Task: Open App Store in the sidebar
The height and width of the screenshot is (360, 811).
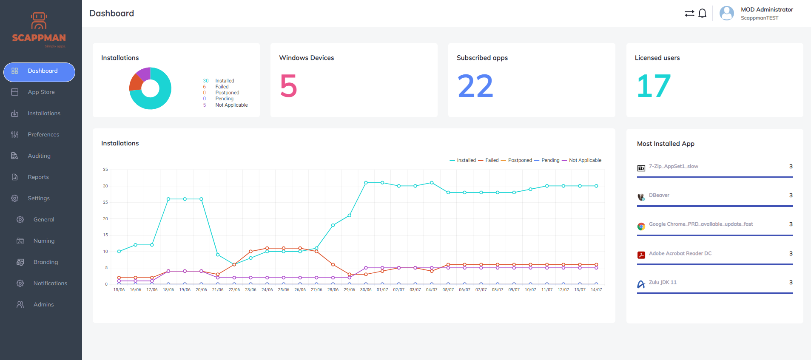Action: click(41, 92)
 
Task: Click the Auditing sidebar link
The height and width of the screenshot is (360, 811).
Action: click(39, 156)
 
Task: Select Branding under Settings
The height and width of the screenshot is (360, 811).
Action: click(46, 262)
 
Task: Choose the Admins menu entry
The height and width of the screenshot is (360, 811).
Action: click(43, 305)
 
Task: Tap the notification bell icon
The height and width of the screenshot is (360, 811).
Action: click(703, 14)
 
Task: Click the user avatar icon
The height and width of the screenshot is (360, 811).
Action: click(726, 13)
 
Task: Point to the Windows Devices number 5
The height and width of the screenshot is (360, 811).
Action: click(288, 86)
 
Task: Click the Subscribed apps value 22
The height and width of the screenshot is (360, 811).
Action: click(475, 86)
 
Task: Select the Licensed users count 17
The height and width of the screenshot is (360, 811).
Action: click(654, 86)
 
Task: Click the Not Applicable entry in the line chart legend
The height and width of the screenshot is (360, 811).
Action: click(585, 161)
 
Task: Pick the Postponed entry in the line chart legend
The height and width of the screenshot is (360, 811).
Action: click(520, 161)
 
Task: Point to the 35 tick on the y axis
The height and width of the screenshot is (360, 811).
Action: click(105, 170)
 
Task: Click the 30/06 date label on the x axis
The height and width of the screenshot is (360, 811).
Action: click(366, 290)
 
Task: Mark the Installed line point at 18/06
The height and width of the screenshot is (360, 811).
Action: click(168, 199)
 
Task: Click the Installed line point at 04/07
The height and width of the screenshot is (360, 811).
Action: click(432, 183)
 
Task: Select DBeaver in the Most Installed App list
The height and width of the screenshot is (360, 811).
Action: click(659, 196)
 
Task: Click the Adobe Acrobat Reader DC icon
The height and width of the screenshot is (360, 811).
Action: click(641, 255)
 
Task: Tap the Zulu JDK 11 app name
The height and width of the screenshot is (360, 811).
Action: click(663, 283)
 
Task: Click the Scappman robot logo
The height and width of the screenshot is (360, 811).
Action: click(39, 21)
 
